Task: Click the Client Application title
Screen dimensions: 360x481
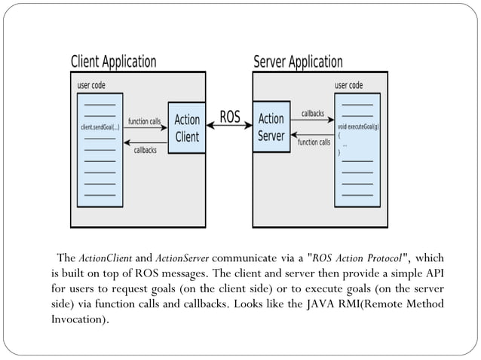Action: tap(113, 61)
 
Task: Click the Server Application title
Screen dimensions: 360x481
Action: tap(299, 61)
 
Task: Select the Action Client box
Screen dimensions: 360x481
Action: tap(187, 128)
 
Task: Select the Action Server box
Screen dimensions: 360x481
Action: tap(271, 128)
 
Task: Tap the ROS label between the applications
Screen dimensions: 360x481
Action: tap(229, 117)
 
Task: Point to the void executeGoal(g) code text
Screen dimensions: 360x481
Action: tap(358, 127)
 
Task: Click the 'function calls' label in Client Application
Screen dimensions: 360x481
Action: tap(144, 121)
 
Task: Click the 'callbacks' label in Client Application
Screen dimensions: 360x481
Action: tap(145, 150)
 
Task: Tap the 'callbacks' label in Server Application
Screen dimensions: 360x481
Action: tap(313, 114)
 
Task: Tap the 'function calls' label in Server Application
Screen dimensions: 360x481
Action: tap(314, 142)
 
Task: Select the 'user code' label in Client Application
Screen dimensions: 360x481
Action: tap(92, 85)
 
